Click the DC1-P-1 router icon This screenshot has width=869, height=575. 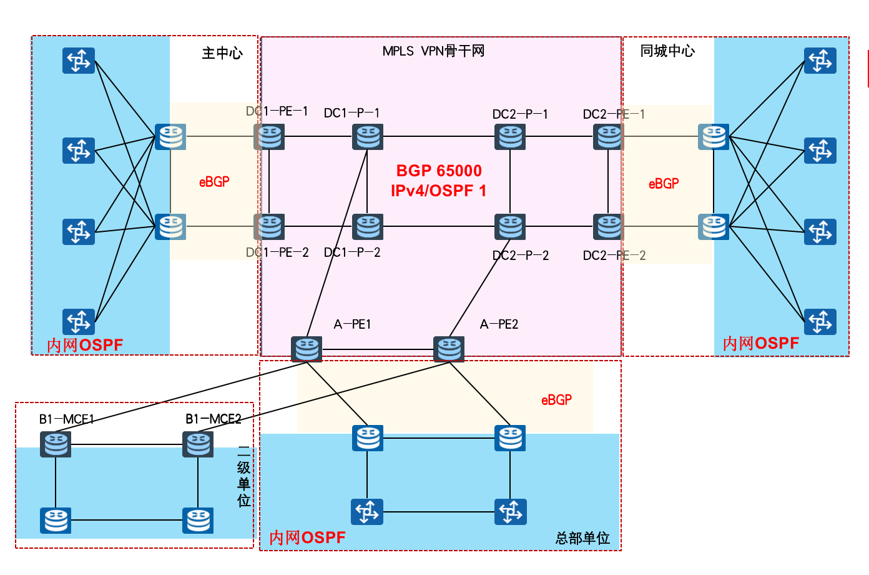(368, 136)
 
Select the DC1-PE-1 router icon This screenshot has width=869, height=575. (269, 136)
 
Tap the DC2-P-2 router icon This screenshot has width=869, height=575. (510, 226)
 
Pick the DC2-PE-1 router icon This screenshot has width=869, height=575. (608, 136)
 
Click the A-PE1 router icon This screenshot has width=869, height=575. (307, 349)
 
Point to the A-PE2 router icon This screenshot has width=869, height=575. (449, 349)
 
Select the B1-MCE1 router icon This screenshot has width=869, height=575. (56, 444)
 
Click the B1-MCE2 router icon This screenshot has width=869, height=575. (198, 444)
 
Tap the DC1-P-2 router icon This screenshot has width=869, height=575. (368, 226)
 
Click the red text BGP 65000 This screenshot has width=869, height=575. (439, 171)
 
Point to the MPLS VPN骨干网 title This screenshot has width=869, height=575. (433, 51)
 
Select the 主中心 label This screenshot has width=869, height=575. (222, 53)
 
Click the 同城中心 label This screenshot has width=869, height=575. (667, 51)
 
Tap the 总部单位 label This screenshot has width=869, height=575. (582, 538)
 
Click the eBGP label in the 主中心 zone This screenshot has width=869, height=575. (214, 182)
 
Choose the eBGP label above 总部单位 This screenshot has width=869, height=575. (556, 400)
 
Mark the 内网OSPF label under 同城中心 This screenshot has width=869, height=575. (760, 343)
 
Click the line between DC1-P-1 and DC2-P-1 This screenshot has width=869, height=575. (439, 136)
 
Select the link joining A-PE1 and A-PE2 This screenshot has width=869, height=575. (378, 349)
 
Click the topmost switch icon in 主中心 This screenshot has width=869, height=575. (79, 61)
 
